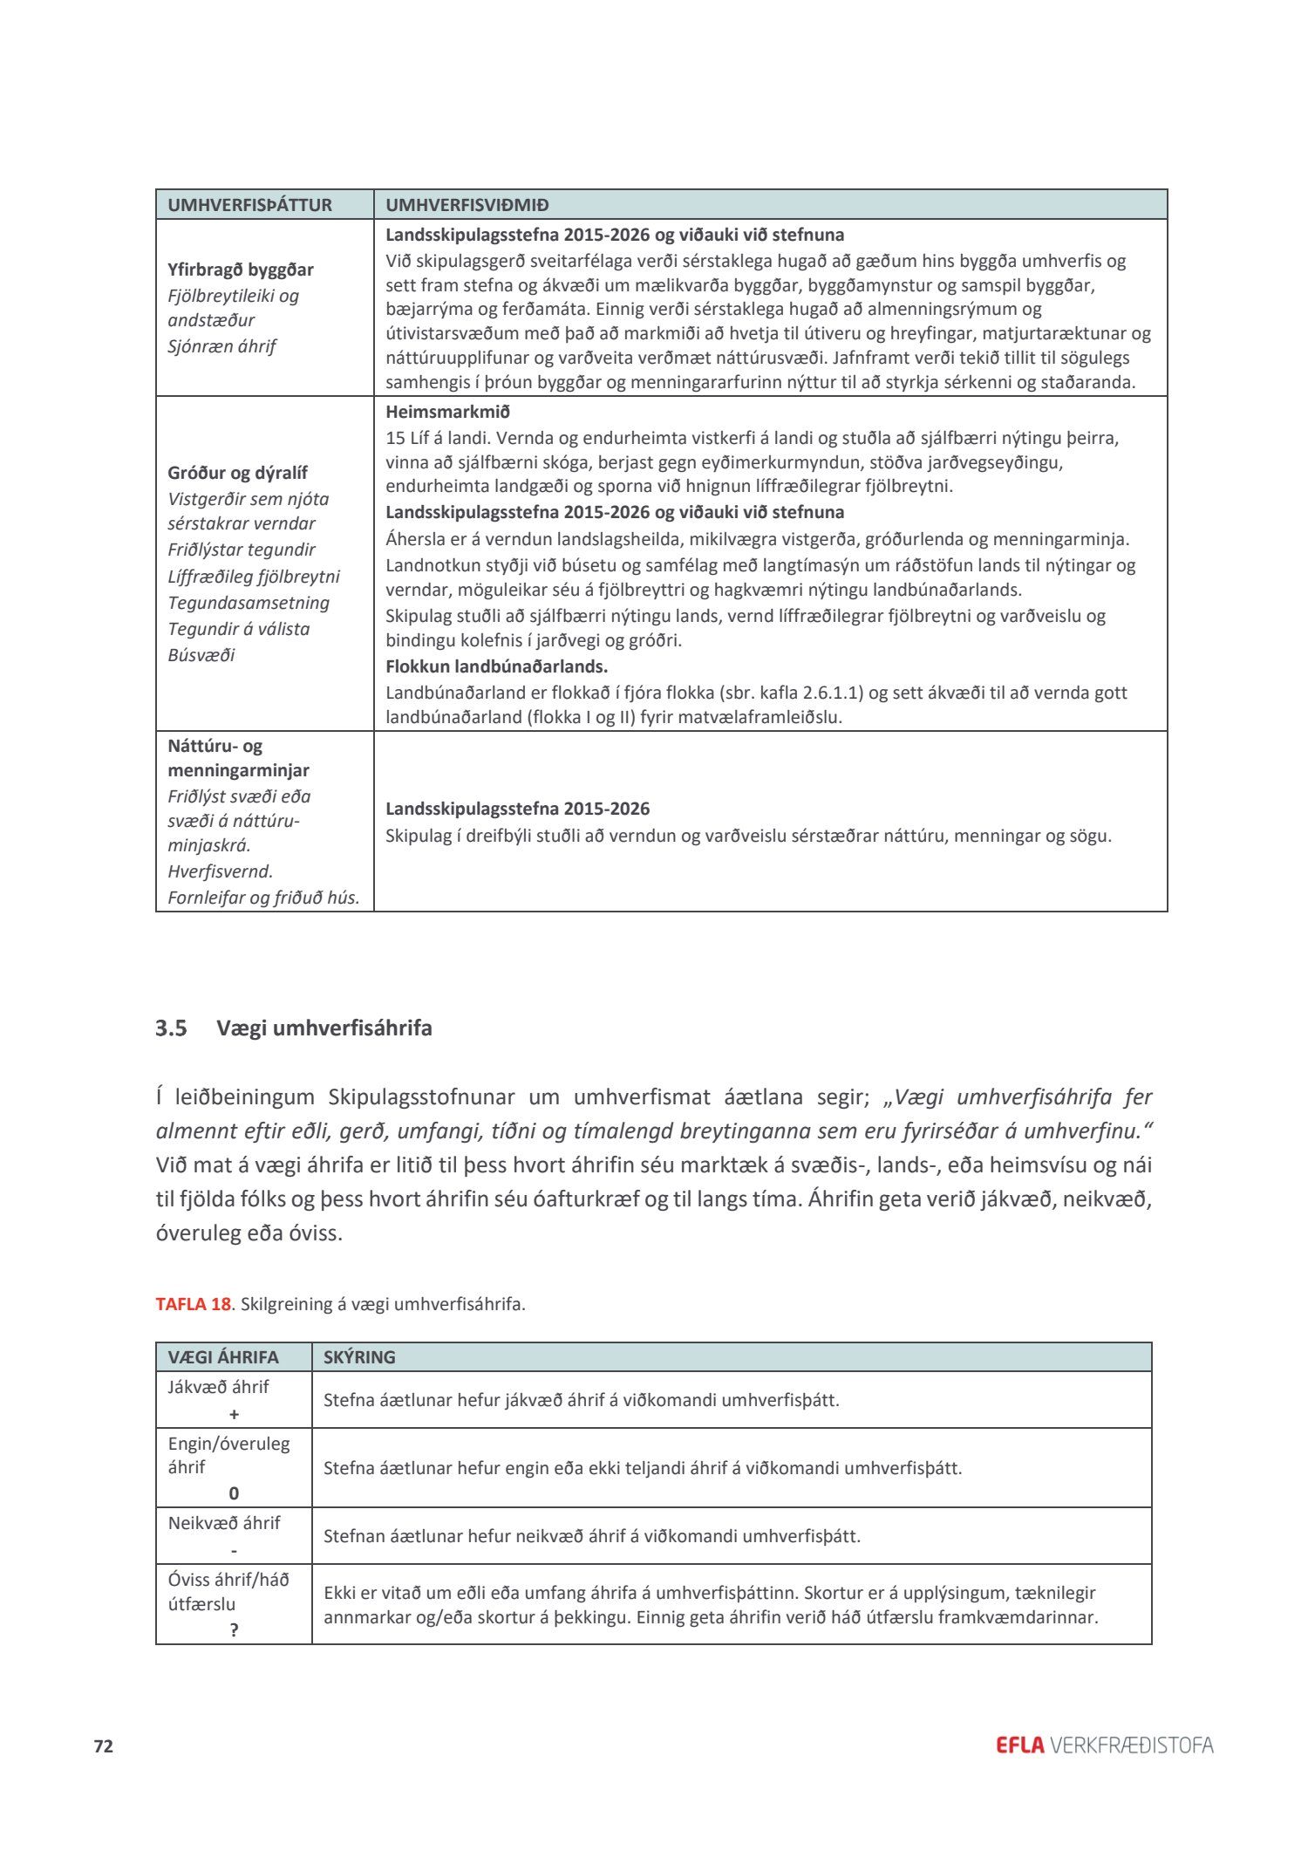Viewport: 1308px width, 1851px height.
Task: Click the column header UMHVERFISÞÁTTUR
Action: pos(249,205)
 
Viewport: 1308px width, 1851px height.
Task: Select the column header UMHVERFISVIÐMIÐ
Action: pos(467,205)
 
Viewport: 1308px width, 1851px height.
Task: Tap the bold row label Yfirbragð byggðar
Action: pos(241,270)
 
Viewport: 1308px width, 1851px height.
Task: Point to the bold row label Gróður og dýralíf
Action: pos(237,473)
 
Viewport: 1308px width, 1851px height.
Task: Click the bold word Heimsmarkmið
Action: pos(447,412)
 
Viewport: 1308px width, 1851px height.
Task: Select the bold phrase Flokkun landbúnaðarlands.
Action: pos(496,666)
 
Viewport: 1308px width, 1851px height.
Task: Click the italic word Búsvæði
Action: pos(201,655)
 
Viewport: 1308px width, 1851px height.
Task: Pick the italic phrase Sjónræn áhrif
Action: pos(221,346)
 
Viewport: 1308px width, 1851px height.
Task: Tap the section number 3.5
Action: pos(171,1028)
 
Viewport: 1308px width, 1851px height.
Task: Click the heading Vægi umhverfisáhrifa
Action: pos(324,1028)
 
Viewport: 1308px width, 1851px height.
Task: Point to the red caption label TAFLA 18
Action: pos(193,1304)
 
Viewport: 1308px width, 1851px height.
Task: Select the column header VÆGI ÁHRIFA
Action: pos(223,1357)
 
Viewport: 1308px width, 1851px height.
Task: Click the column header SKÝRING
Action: pos(359,1357)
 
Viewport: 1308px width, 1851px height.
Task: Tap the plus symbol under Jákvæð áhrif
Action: pos(234,1414)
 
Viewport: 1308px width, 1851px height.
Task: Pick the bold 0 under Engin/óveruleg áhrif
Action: pos(234,1493)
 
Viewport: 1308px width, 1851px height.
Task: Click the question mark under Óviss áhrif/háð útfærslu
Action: pos(234,1630)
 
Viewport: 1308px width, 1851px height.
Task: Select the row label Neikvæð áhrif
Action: pos(224,1523)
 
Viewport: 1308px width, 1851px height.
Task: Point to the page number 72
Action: pos(104,1746)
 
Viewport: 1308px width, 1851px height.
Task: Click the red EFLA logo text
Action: pos(1019,1745)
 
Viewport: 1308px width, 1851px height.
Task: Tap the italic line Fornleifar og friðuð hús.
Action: pos(263,898)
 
